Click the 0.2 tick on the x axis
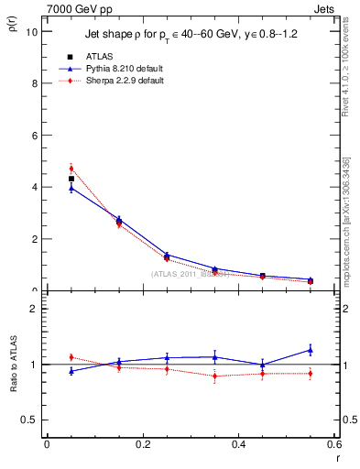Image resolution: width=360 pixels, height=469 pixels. [142, 445]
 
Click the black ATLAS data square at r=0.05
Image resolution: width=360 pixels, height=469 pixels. [71, 179]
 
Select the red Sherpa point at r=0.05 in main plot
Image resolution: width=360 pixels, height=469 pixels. [71, 169]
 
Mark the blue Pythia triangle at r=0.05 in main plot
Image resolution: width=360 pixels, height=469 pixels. [71, 188]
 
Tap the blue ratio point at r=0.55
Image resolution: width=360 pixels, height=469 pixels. [311, 349]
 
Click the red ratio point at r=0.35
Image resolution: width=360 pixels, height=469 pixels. [214, 376]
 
